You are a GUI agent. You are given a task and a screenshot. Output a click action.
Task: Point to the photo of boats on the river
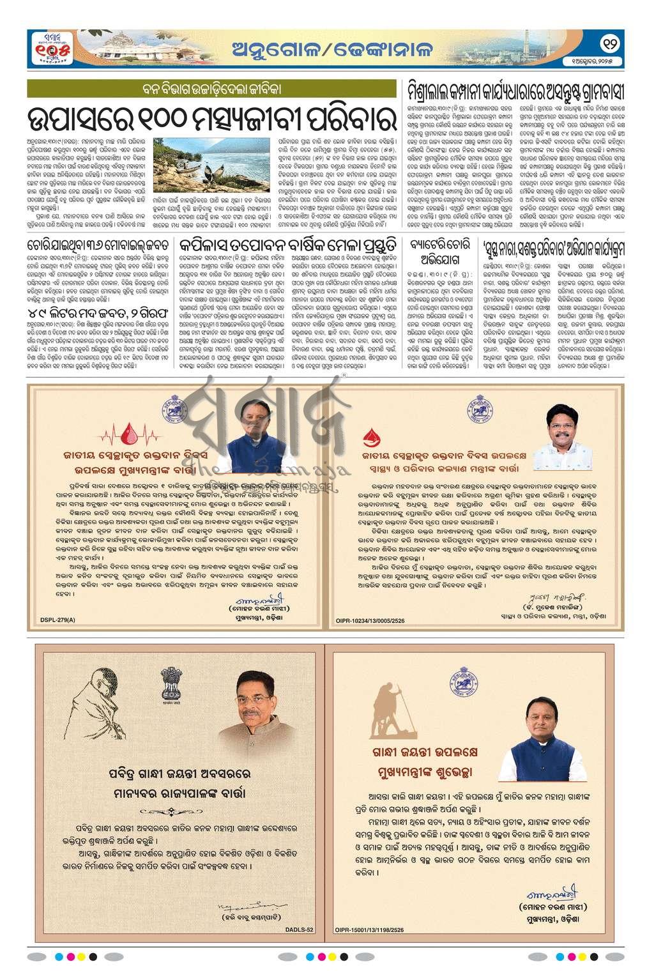[212, 167]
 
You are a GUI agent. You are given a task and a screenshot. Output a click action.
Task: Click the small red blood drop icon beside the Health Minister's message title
[369, 437]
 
